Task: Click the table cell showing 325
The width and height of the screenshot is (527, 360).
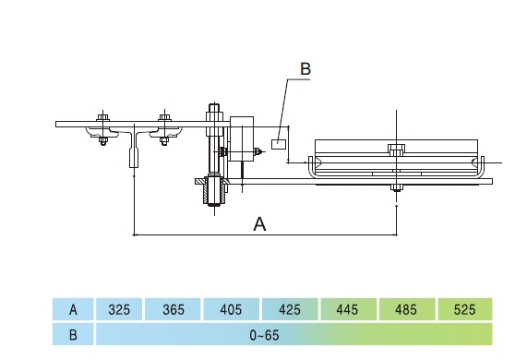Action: [x=119, y=309]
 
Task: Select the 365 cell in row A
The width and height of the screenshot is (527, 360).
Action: [x=174, y=309]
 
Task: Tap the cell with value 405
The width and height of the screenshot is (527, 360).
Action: [x=231, y=309]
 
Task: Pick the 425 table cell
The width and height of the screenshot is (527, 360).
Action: [x=290, y=309]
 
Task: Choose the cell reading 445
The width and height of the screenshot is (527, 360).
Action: [x=348, y=309]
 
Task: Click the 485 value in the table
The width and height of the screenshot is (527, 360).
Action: [x=406, y=309]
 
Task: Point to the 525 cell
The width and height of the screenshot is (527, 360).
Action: [x=465, y=309]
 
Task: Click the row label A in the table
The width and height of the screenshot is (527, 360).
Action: [x=73, y=309]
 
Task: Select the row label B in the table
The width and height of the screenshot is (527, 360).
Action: [x=73, y=335]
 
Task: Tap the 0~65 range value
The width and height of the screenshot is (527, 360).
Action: [x=265, y=335]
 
